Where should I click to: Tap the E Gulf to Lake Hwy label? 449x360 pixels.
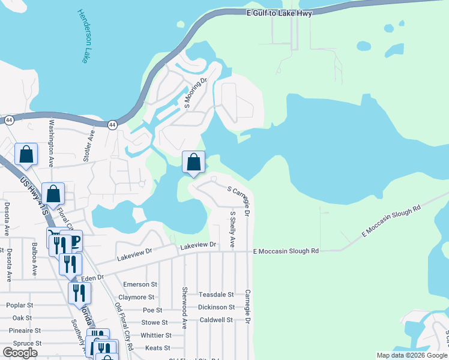click(x=280, y=13)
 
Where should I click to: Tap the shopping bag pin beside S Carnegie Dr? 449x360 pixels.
click(x=193, y=162)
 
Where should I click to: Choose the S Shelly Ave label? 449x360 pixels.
click(x=232, y=229)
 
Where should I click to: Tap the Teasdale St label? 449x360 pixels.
click(x=216, y=295)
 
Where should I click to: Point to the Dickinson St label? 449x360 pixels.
click(x=216, y=307)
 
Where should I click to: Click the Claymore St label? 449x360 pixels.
click(x=137, y=297)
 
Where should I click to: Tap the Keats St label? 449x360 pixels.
click(x=158, y=347)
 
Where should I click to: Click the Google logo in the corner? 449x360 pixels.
click(x=20, y=353)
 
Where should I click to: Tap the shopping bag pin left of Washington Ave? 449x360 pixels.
click(x=26, y=154)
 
